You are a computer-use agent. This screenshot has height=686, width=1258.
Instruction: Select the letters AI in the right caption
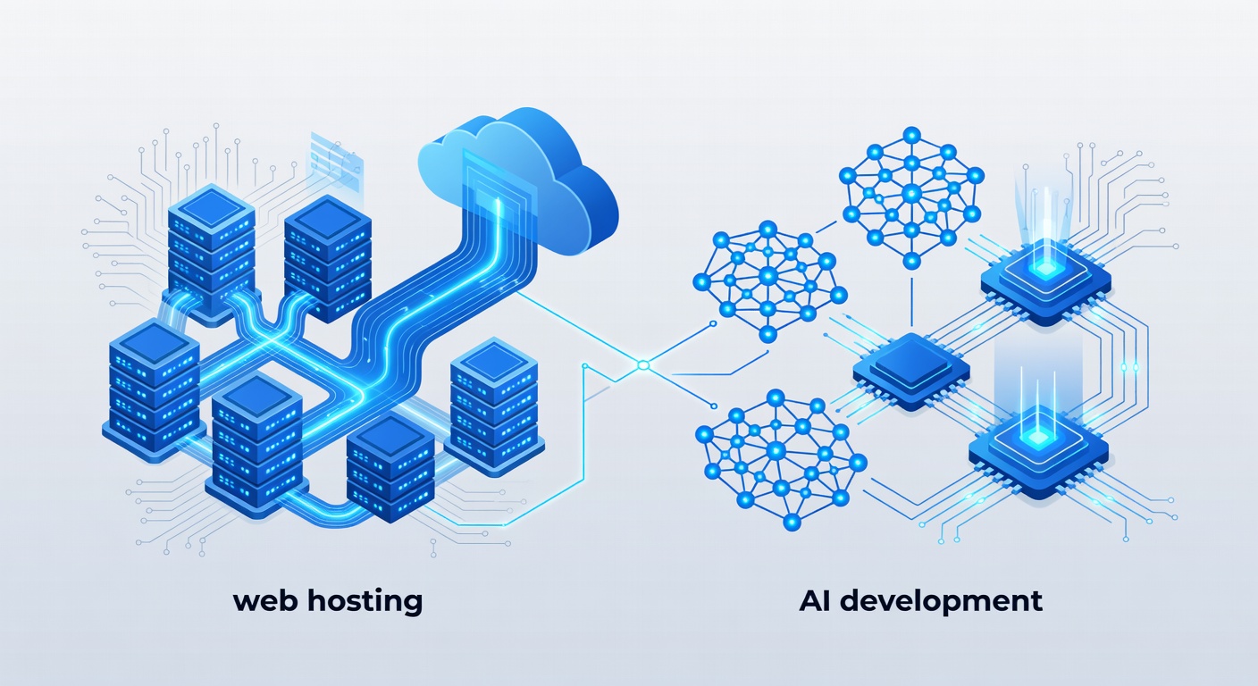click(x=816, y=600)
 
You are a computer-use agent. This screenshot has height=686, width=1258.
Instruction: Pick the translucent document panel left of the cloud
click(x=335, y=162)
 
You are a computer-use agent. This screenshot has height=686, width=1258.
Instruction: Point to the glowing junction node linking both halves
click(x=641, y=364)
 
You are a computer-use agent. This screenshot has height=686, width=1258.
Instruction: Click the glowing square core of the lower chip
click(x=1038, y=435)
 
